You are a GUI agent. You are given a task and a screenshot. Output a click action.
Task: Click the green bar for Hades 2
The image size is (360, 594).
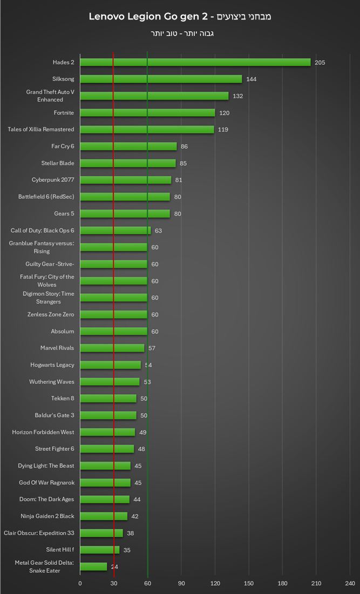point(195,62)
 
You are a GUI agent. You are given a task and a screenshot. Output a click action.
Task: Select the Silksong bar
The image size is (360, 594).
point(161,79)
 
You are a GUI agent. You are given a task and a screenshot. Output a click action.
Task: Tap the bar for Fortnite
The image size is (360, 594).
point(147,113)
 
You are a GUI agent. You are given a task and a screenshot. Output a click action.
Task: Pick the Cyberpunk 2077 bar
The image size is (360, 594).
point(126,180)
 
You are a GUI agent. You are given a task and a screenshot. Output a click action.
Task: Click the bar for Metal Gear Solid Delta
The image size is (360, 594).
point(93,566)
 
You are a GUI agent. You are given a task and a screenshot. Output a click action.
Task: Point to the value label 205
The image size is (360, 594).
point(320,63)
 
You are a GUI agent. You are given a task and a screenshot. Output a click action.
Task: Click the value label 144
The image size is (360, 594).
point(251,79)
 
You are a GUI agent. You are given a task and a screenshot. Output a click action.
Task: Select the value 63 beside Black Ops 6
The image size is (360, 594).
point(158,231)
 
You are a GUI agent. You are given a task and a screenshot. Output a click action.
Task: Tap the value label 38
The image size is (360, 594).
point(130,534)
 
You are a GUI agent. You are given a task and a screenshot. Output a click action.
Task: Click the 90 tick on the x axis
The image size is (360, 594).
point(181,584)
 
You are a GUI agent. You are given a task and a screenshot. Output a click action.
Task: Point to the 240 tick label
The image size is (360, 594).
point(350,584)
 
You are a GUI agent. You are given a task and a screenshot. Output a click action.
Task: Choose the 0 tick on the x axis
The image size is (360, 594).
point(80,584)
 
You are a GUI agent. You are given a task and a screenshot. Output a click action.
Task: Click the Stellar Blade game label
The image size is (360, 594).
point(58,163)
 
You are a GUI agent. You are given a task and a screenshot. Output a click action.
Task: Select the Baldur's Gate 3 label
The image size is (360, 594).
point(55,415)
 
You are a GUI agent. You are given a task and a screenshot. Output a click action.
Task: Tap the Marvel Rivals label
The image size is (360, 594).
point(57,348)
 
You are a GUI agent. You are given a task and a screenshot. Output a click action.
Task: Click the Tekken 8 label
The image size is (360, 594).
point(63,399)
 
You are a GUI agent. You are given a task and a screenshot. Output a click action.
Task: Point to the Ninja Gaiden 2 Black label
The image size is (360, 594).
point(47,516)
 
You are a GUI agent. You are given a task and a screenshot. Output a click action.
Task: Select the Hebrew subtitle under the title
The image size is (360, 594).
point(180,33)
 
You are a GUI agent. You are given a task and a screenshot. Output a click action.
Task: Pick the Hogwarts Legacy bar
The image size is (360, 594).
point(111,365)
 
